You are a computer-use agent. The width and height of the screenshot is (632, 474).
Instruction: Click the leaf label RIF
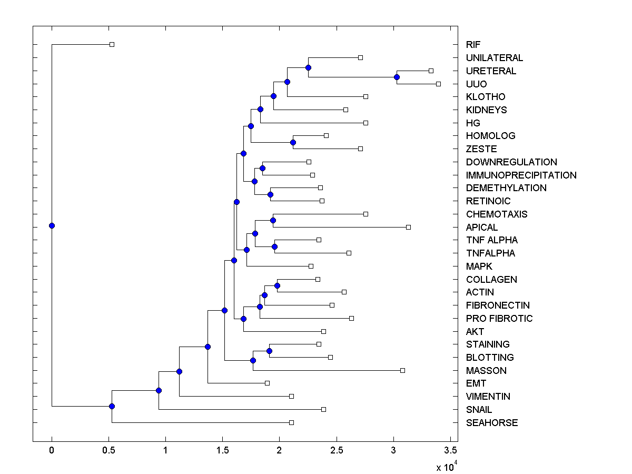(473, 45)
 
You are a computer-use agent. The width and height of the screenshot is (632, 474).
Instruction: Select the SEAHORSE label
(491, 423)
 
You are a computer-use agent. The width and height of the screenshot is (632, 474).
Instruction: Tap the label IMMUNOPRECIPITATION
(521, 175)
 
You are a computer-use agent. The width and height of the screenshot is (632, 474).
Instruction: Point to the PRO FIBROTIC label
(499, 319)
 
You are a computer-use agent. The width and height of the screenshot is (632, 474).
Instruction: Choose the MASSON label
(486, 371)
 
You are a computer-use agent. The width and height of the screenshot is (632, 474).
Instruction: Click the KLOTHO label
(485, 97)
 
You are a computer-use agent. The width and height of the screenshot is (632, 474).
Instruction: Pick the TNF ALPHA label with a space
(491, 240)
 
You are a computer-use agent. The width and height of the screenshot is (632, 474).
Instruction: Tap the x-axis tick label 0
(52, 450)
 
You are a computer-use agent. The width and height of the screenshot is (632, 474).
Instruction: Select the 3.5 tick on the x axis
(450, 450)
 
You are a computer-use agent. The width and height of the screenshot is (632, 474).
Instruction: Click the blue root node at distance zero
(52, 225)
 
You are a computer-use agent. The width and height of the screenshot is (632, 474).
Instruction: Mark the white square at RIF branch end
(112, 44)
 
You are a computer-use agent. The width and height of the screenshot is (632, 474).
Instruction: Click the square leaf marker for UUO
(438, 84)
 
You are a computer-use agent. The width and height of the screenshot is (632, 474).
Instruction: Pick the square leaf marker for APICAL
(408, 227)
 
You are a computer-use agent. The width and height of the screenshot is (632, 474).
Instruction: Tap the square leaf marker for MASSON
(402, 370)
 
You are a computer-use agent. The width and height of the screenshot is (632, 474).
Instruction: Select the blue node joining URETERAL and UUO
(397, 77)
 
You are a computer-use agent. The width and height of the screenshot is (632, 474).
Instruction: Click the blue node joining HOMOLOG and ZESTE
(293, 142)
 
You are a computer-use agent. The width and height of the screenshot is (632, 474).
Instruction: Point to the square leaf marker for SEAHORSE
(291, 422)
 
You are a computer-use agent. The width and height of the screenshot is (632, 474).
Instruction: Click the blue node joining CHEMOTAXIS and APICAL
(273, 220)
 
